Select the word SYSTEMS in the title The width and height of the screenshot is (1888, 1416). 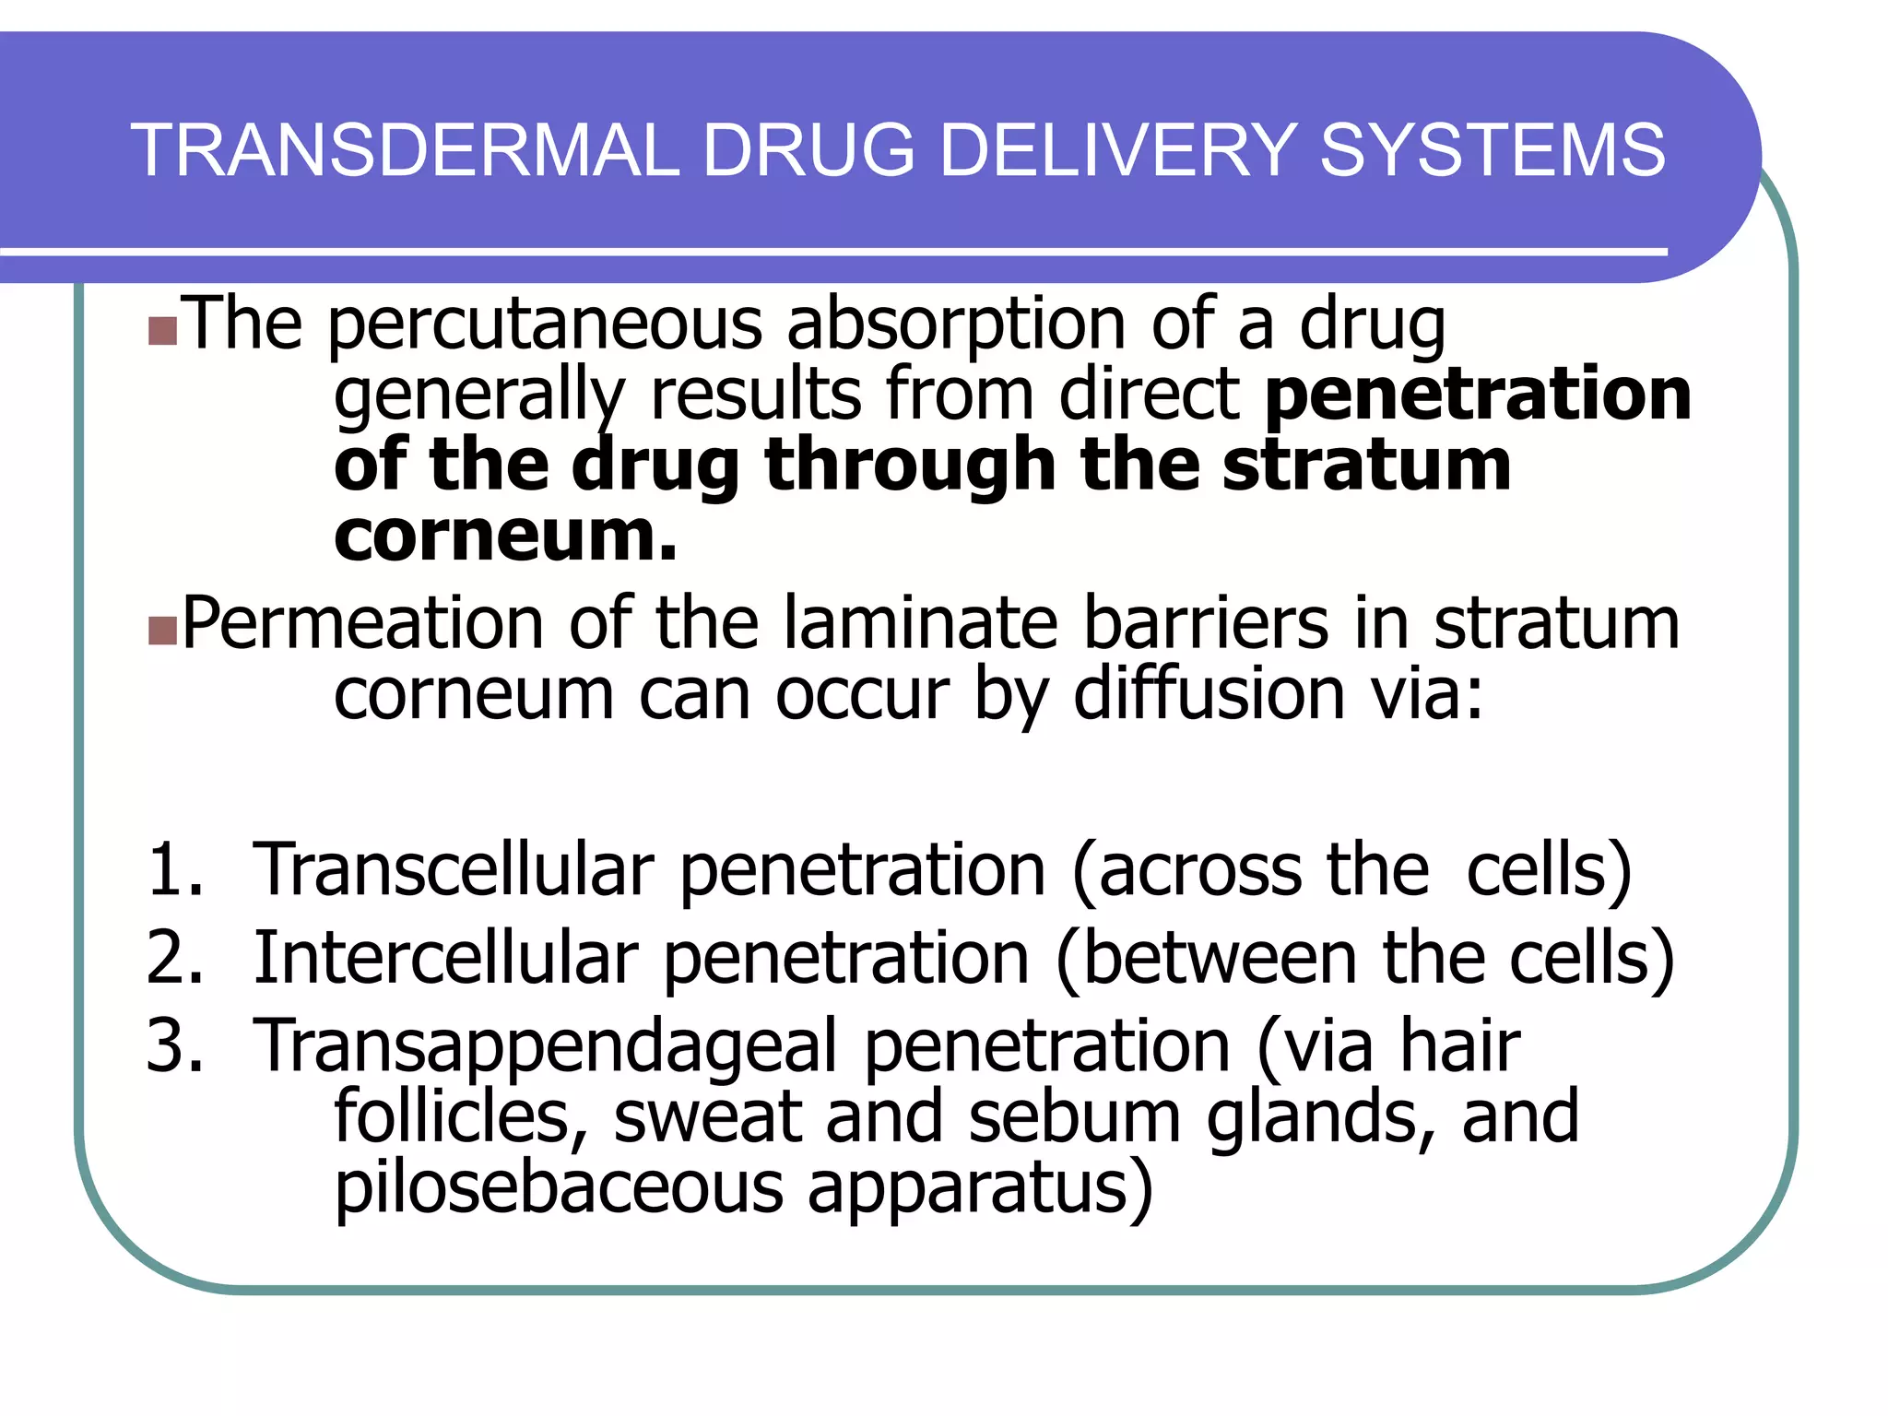click(x=1493, y=150)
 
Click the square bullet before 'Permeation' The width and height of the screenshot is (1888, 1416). click(x=162, y=631)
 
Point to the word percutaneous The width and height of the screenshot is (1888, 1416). click(x=544, y=326)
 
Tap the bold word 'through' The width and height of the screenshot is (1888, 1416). click(x=909, y=466)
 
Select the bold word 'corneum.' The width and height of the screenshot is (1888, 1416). click(x=505, y=536)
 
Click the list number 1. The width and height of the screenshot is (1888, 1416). click(x=171, y=869)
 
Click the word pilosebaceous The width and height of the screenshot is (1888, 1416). click(x=559, y=1188)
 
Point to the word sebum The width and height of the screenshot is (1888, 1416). click(x=1075, y=1116)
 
